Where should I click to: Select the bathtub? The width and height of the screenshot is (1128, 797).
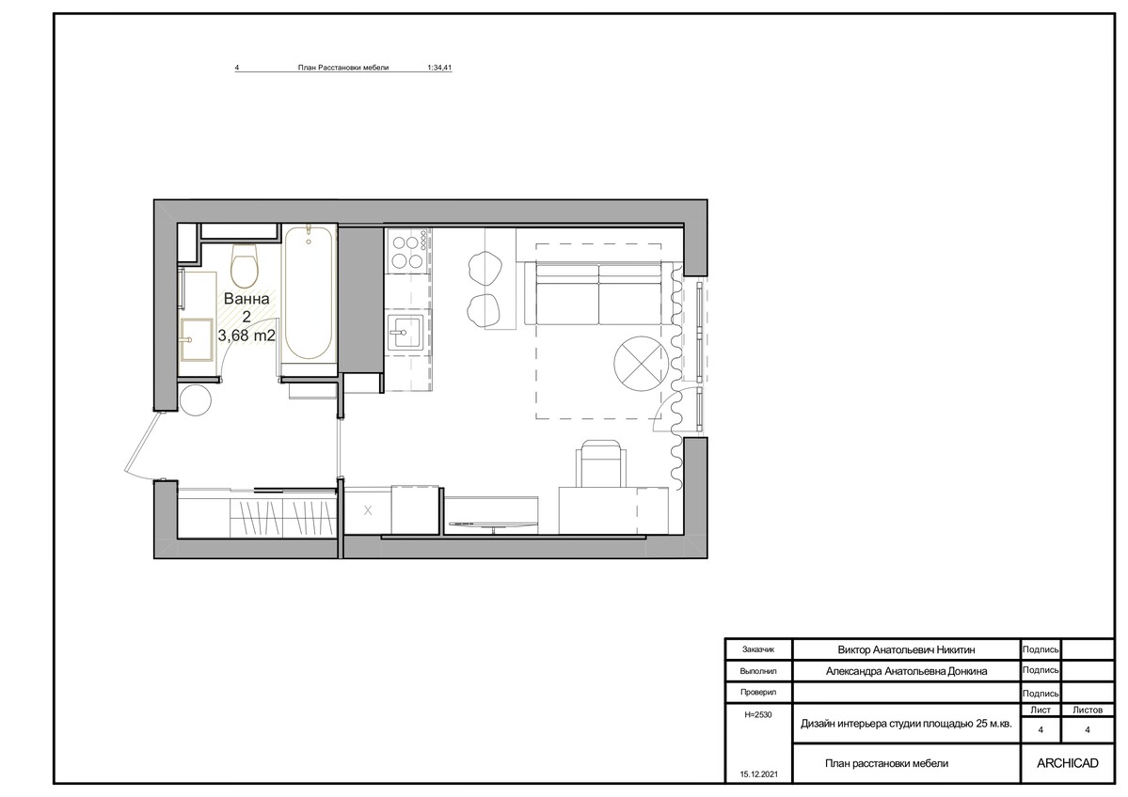[309, 294]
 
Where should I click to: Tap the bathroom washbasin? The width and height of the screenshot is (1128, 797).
[197, 338]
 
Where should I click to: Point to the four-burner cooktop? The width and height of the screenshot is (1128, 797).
[407, 250]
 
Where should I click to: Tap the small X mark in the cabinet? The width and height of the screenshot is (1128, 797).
[368, 510]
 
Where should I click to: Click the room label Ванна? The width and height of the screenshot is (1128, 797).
[246, 299]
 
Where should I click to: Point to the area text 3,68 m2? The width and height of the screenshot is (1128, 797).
[246, 336]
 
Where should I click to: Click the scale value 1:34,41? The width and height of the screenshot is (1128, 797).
[439, 68]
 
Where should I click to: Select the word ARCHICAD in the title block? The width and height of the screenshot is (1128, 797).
[1068, 763]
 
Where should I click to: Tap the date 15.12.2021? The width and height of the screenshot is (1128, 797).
[759, 774]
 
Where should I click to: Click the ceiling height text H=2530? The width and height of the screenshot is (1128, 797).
[758, 715]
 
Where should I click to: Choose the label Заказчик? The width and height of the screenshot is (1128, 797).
[758, 649]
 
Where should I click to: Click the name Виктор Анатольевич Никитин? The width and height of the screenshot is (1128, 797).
[906, 649]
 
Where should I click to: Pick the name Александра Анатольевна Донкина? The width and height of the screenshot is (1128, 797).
[906, 671]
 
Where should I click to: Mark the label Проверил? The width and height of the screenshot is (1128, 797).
[758, 693]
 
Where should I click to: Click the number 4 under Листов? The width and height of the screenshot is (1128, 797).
[1087, 730]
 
